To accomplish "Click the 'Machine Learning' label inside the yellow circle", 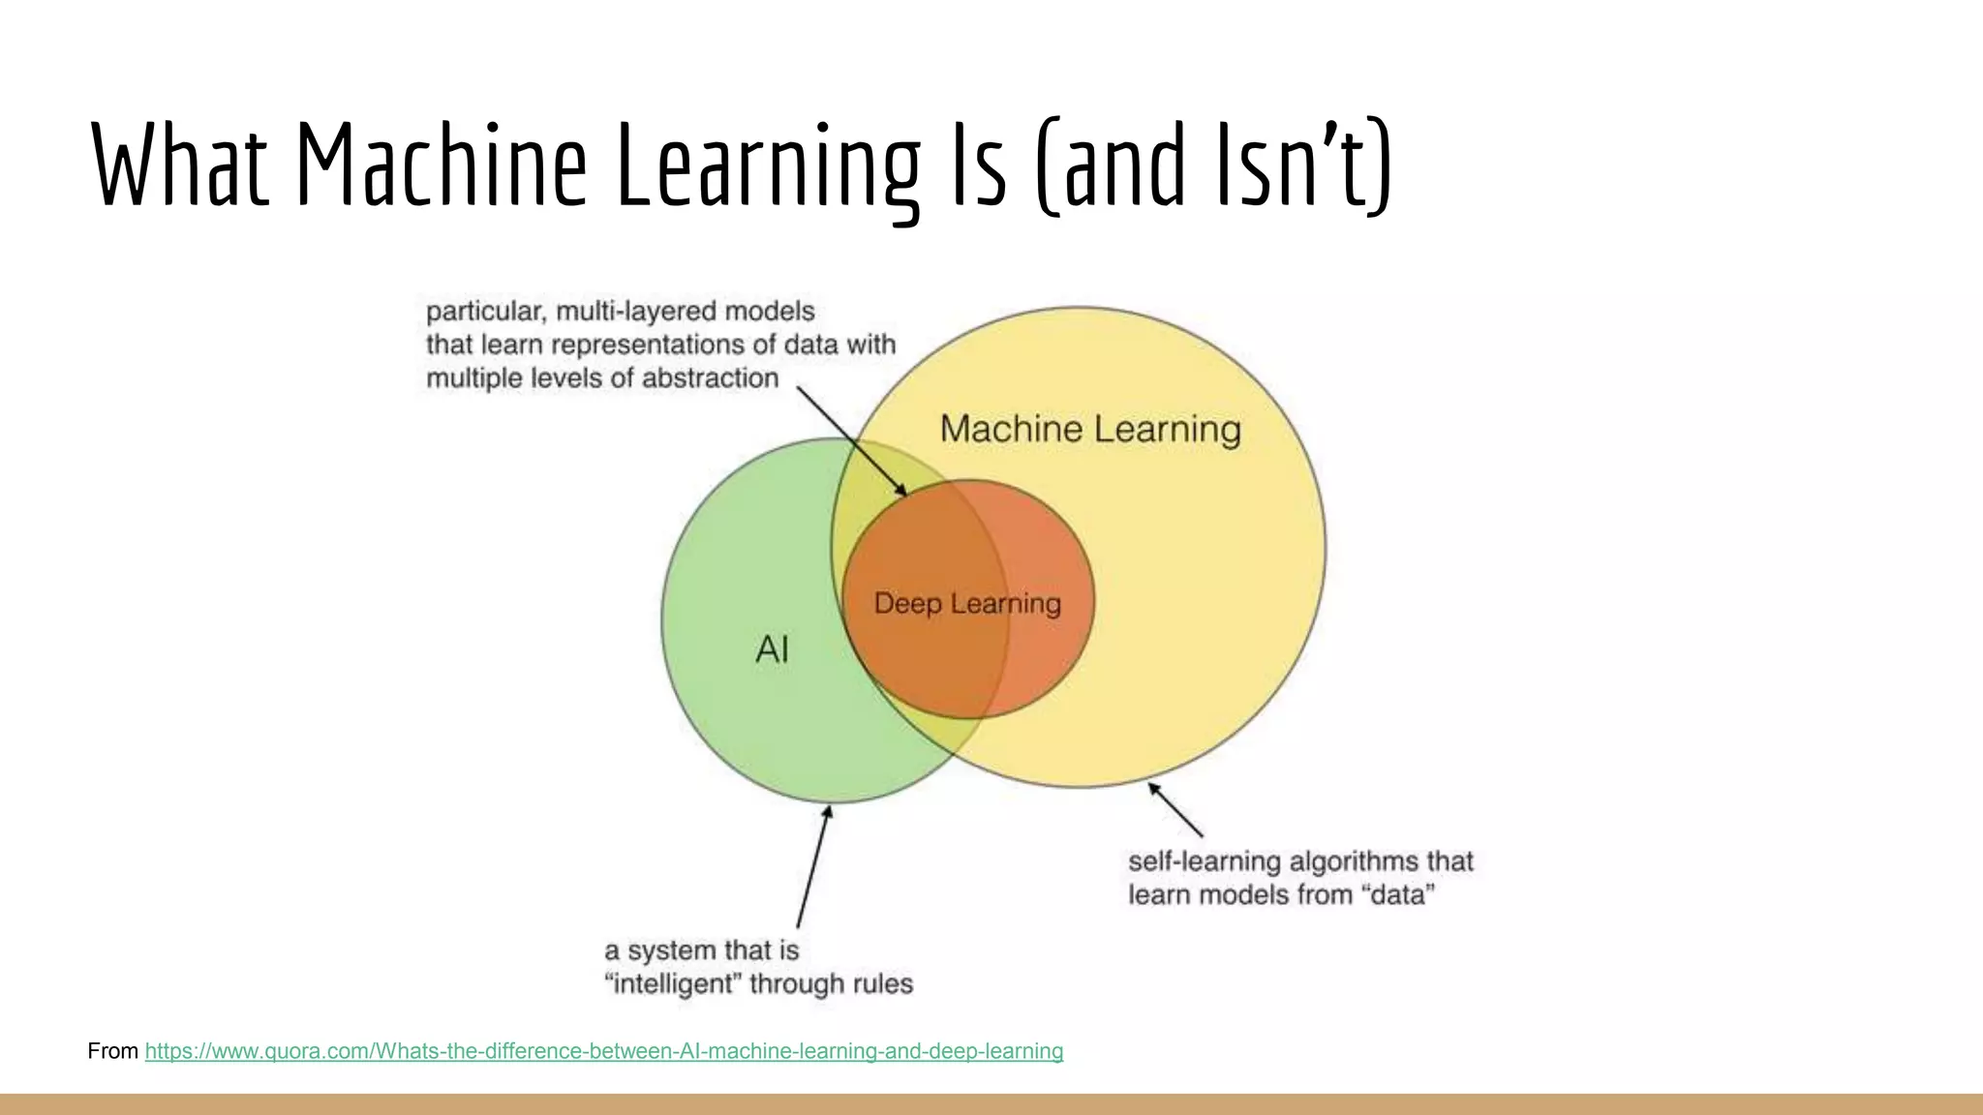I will point(1090,429).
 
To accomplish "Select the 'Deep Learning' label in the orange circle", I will point(967,604).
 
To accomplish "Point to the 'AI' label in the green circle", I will point(772,649).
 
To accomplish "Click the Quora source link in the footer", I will point(603,1051).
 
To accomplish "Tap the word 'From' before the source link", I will point(112,1051).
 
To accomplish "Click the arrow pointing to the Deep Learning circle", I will point(852,441).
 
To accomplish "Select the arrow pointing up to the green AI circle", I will point(813,866).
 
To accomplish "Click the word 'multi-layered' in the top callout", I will point(635,312).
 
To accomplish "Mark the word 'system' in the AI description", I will point(672,950).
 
